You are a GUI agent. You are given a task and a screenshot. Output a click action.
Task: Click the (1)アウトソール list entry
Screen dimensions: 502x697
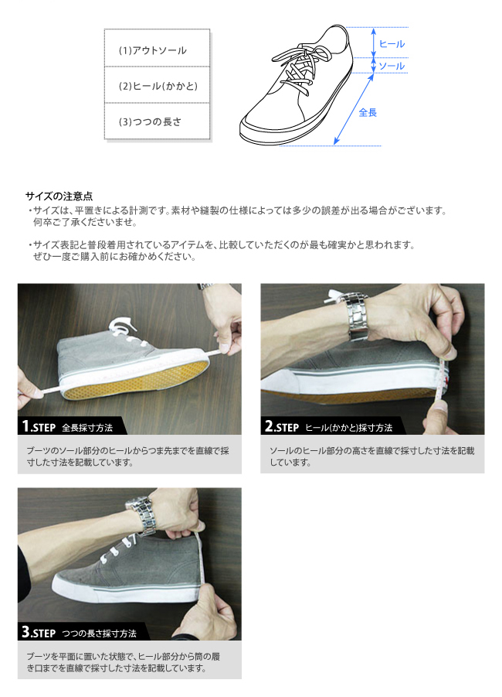[x=152, y=50]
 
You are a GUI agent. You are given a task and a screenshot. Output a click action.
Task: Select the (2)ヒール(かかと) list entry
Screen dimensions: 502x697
[x=158, y=86]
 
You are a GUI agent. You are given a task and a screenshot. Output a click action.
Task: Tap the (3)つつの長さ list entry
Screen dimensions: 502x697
[x=150, y=121]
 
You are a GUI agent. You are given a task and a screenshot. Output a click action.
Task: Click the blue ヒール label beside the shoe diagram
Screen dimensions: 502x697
[x=392, y=43]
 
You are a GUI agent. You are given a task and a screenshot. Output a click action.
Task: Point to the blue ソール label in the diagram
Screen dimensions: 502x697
[x=392, y=66]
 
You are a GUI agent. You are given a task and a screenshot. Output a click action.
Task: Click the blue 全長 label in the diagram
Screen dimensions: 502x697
[x=368, y=112]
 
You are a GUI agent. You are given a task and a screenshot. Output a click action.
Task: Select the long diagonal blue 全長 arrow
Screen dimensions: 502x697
[x=354, y=109]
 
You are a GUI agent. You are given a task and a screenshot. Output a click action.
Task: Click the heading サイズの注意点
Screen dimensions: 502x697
[x=59, y=196]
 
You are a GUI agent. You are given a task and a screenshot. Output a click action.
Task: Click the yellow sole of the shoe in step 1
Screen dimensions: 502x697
[x=135, y=380]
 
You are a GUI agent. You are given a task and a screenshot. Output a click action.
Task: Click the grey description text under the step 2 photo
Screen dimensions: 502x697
[x=372, y=456]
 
